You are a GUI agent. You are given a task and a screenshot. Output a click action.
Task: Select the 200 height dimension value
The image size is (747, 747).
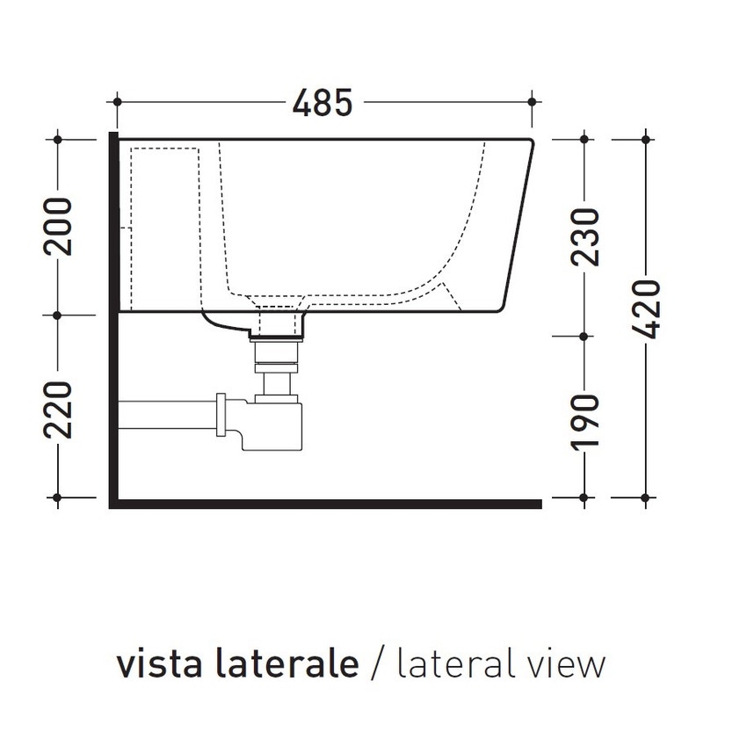58,227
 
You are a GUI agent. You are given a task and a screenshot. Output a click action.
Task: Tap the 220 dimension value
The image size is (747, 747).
58,410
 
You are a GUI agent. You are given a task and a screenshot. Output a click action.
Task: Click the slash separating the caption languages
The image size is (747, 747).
378,665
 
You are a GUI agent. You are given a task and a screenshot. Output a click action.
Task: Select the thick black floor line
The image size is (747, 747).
325,504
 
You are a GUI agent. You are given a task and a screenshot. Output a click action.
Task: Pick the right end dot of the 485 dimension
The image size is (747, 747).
533,103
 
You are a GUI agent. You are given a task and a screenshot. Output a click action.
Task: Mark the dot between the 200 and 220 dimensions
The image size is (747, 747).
58,314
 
